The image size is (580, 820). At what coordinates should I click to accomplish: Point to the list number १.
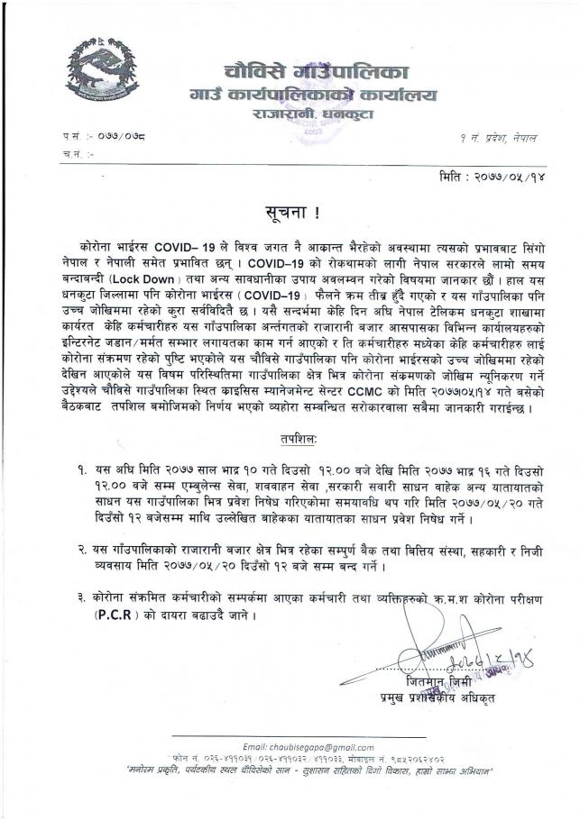pos(83,470)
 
